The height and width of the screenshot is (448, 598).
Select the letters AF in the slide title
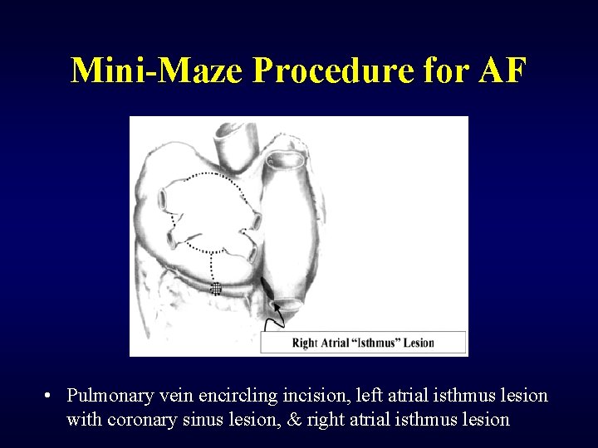(502, 71)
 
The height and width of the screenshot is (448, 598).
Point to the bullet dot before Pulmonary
(51, 396)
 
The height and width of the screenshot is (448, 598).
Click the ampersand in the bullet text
(294, 419)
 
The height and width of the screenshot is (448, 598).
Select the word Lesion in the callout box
(419, 343)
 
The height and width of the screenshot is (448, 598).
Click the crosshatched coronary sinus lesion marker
(216, 289)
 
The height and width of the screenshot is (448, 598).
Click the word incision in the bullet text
(316, 396)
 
